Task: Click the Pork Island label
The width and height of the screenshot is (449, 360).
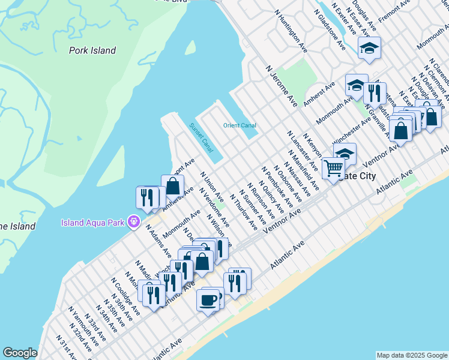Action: pos(92,50)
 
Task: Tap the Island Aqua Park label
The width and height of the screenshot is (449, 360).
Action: pos(94,223)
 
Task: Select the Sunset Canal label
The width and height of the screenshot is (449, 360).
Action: pos(201,137)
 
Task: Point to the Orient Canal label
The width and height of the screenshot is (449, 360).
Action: pos(240,125)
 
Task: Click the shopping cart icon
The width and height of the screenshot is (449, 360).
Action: pos(333,167)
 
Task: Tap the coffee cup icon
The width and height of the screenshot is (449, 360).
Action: pos(208,299)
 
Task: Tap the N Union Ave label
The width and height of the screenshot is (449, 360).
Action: pos(212,188)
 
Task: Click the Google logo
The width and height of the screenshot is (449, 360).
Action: pos(20,353)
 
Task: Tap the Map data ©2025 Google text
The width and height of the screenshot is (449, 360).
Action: pos(411,355)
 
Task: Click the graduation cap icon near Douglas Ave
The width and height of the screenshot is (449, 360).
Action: pos(370,48)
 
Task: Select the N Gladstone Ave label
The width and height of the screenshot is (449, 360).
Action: pos(332,29)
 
